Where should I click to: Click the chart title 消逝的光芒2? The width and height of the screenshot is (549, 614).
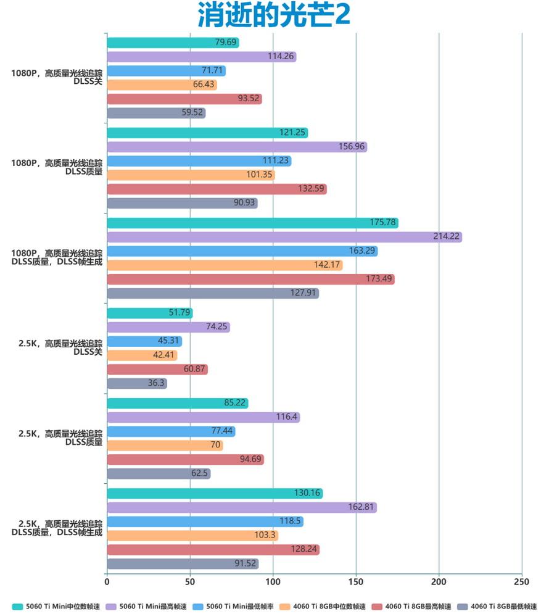(x=274, y=15)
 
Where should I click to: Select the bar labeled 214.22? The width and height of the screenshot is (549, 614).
(x=284, y=237)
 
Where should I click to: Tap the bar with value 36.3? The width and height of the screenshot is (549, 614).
(x=137, y=383)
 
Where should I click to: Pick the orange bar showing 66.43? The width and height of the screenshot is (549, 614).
(x=162, y=85)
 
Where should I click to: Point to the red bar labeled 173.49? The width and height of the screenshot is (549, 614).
(x=250, y=280)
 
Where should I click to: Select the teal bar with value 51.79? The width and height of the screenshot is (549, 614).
(x=150, y=313)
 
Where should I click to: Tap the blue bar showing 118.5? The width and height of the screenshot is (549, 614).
(x=205, y=521)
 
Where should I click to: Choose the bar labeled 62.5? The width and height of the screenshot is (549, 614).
(x=159, y=473)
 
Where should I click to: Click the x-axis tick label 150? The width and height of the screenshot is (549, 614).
(x=356, y=581)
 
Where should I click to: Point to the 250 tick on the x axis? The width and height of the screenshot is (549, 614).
(x=521, y=581)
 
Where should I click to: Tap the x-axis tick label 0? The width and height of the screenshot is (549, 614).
(x=107, y=581)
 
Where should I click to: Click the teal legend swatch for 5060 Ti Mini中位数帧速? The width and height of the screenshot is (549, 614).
(x=17, y=606)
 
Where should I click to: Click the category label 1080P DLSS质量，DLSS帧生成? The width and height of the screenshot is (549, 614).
(x=57, y=257)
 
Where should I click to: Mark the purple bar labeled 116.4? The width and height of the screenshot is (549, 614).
(x=203, y=417)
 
